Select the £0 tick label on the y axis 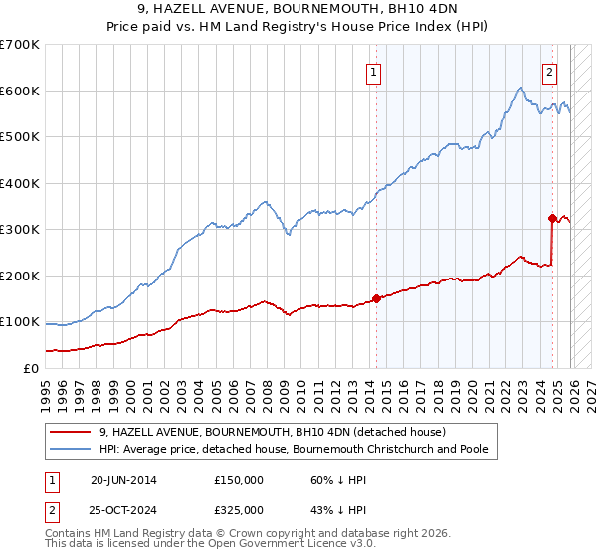click(x=30, y=368)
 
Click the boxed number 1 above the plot click(x=373, y=71)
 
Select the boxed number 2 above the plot click(x=548, y=71)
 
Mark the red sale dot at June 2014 click(x=375, y=298)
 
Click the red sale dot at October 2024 click(x=551, y=218)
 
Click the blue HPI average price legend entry click(x=293, y=450)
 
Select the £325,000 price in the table click(x=239, y=510)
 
